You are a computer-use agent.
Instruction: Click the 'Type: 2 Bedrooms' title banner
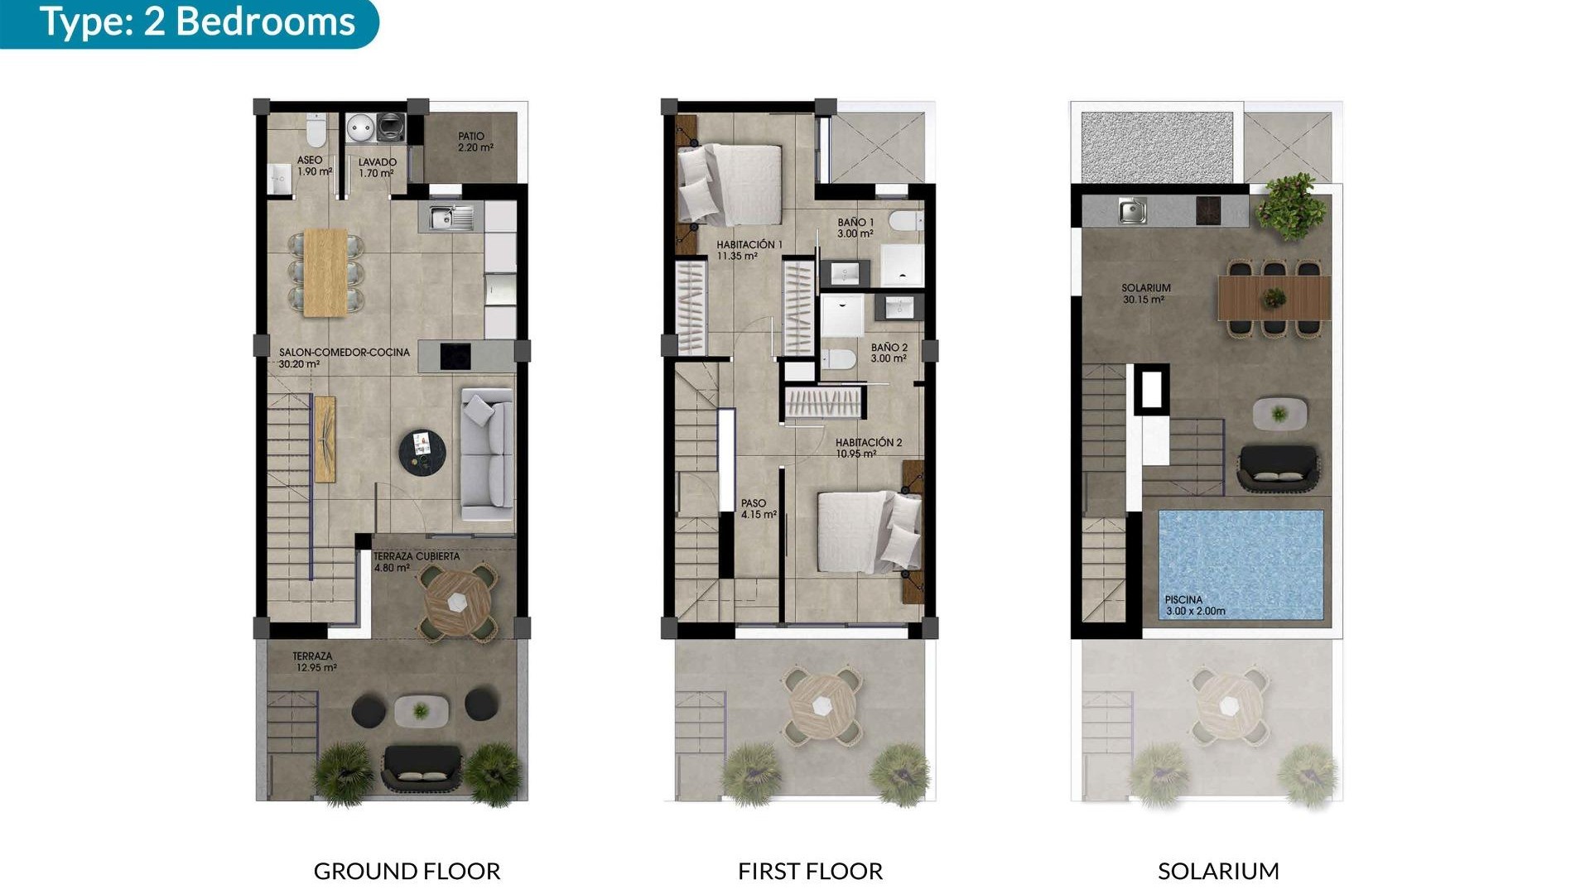[x=197, y=22]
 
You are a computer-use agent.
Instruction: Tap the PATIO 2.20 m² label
[x=475, y=142]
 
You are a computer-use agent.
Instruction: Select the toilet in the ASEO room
[x=316, y=131]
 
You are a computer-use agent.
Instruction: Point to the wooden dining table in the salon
[x=325, y=272]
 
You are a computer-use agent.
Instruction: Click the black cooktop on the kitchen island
[x=455, y=357]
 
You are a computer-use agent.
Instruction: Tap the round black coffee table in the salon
[x=422, y=453]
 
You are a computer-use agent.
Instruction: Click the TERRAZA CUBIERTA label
[x=416, y=561]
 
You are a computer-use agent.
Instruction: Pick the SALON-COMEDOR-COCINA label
[x=344, y=358]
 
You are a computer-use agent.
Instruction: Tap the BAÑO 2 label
[x=889, y=353]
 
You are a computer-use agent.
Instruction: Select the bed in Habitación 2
[x=866, y=532]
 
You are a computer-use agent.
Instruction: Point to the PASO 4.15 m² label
[x=758, y=508]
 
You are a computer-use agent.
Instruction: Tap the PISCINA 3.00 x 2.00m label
[x=1194, y=605]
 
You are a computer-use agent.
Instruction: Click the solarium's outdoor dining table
[x=1274, y=298]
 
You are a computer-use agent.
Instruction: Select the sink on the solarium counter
[x=1131, y=210]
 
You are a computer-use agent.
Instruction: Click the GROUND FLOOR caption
[x=407, y=871]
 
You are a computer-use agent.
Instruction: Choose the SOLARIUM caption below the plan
[x=1217, y=871]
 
